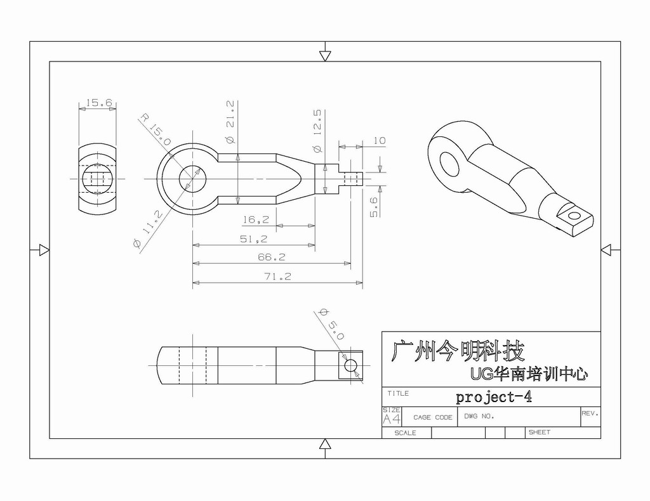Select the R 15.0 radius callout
pos(155,129)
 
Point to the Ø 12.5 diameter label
pos(317,131)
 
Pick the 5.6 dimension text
pos(374,207)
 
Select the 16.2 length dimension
pos(255,219)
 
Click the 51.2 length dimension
pos(253,239)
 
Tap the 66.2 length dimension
pos(271,257)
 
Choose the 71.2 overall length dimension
pos(277,276)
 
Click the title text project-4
pos(493,398)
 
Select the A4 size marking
pos(392,419)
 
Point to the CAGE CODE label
pos(432,417)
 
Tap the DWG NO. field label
pos(479,417)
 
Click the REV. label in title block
pos(590,413)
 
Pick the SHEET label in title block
pos(539,433)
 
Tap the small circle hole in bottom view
pos(350,366)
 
